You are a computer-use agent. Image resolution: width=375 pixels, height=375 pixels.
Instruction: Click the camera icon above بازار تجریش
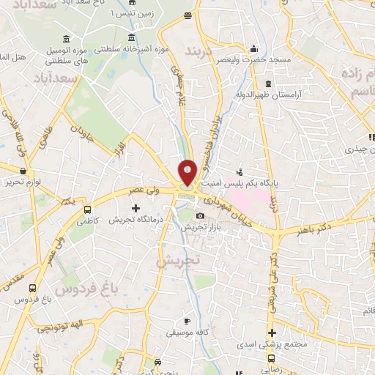pos(201,215)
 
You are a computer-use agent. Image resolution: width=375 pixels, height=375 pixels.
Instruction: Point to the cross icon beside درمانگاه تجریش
pos(135,208)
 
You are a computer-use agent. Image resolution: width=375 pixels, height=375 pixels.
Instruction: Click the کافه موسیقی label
pos(187,334)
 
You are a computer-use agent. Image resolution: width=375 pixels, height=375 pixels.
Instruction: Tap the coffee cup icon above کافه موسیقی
pos(187,322)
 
